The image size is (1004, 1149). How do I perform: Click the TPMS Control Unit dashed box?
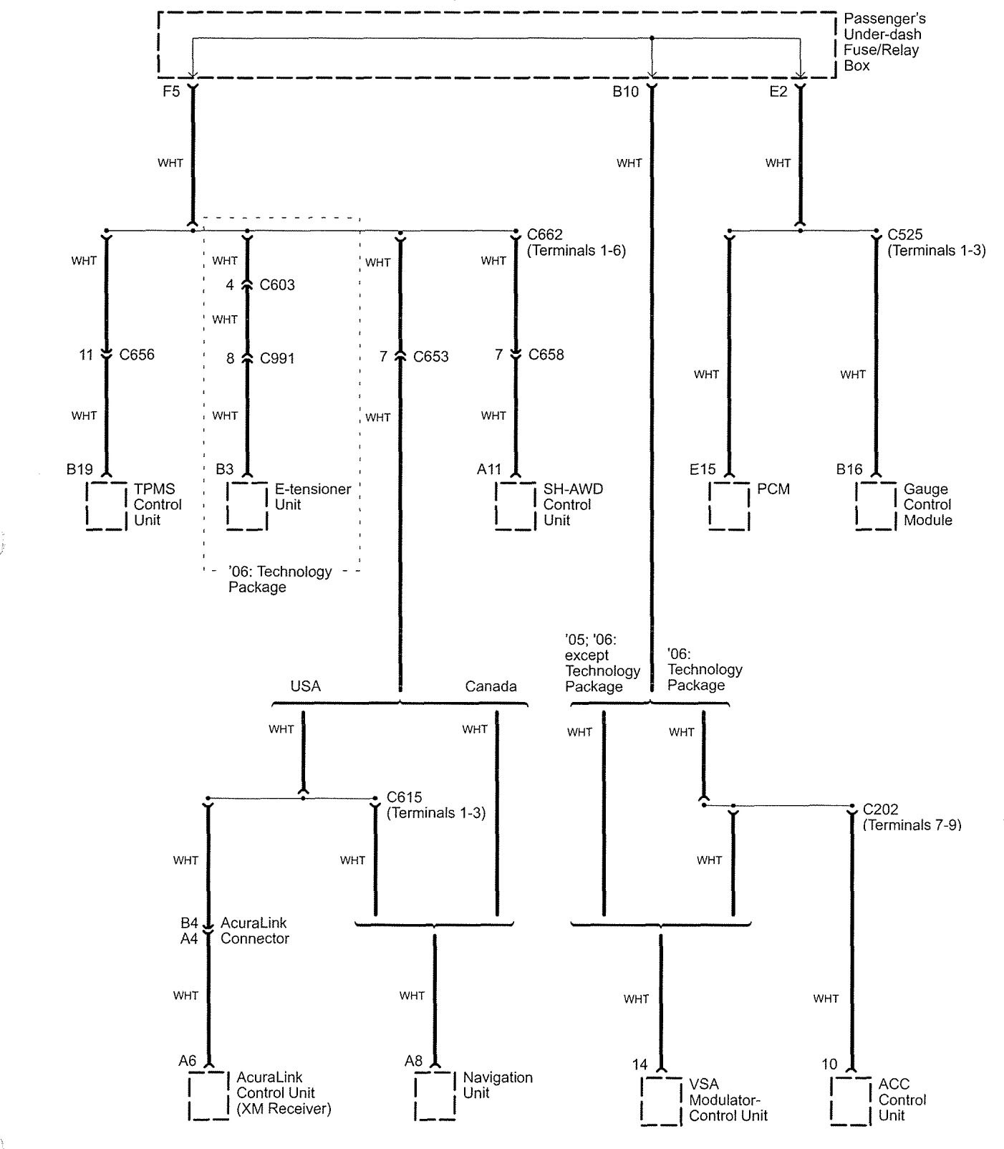pyautogui.click(x=87, y=506)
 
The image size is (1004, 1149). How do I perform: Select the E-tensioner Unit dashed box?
pyautogui.click(x=227, y=506)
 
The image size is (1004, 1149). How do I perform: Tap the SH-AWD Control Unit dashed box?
pyautogui.click(x=496, y=506)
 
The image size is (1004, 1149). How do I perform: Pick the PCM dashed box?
pyautogui.click(x=710, y=506)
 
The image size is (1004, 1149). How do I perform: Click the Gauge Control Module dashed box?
pyautogui.click(x=856, y=506)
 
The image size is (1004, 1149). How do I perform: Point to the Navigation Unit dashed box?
pyautogui.click(x=415, y=1095)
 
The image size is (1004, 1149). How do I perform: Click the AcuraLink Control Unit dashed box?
pyautogui.click(x=190, y=1095)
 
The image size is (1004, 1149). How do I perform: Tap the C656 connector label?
pyautogui.click(x=137, y=355)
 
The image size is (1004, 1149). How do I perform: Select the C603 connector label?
pyautogui.click(x=277, y=285)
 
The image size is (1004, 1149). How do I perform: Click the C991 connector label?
pyautogui.click(x=277, y=358)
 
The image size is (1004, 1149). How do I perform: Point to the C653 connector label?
pyautogui.click(x=431, y=357)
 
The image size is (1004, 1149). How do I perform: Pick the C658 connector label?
pyautogui.click(x=546, y=355)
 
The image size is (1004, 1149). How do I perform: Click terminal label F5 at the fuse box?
pyautogui.click(x=171, y=92)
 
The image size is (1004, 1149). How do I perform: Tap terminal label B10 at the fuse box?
pyautogui.click(x=625, y=92)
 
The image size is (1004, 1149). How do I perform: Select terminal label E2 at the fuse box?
pyautogui.click(x=778, y=92)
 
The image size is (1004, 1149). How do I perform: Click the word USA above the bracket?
pyautogui.click(x=306, y=686)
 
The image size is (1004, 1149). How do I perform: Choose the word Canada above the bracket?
pyautogui.click(x=491, y=686)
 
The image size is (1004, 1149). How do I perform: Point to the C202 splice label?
pyautogui.click(x=881, y=809)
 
